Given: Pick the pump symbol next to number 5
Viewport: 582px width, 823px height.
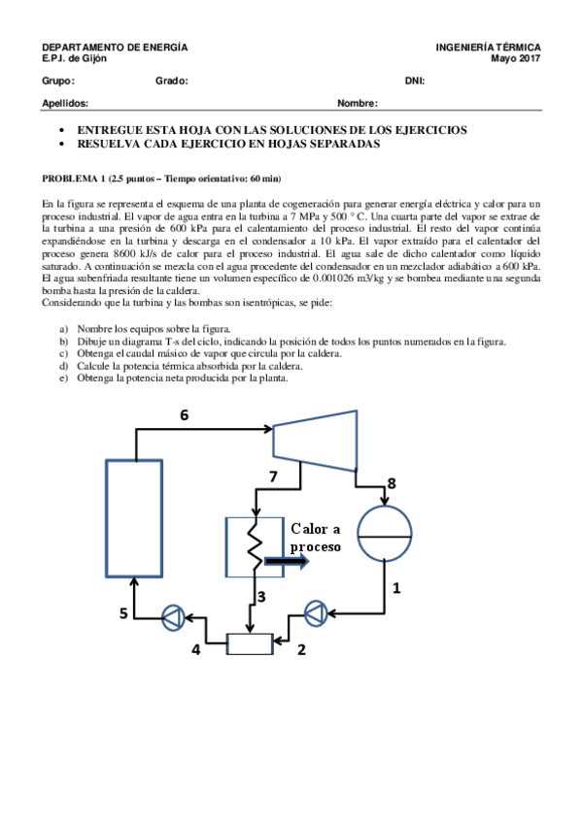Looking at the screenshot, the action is (x=173, y=613).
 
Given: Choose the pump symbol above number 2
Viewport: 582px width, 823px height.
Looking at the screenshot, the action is (x=318, y=613).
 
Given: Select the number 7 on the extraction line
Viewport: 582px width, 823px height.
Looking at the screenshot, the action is (x=273, y=476).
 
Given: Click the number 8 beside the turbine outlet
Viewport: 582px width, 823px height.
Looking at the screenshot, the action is (x=392, y=482).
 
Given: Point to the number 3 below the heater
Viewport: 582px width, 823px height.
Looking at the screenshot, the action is (x=262, y=595).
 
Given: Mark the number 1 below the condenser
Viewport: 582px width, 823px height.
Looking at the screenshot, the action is (x=395, y=587).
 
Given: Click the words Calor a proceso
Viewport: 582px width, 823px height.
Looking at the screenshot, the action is (x=316, y=537).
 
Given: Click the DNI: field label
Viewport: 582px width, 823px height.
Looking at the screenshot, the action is (x=415, y=81).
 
